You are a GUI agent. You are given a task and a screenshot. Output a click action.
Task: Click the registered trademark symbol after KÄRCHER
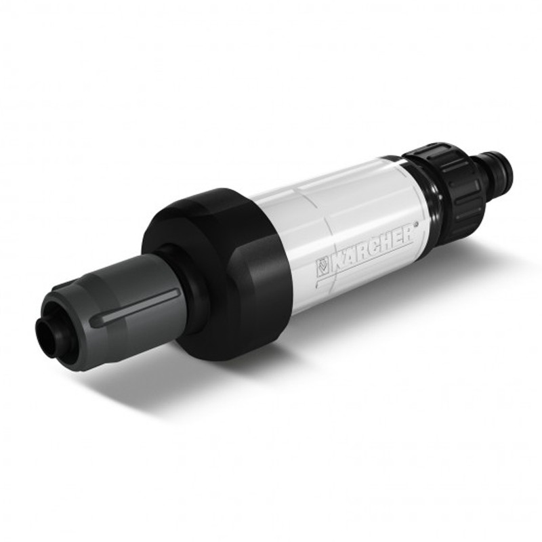[x=416, y=224]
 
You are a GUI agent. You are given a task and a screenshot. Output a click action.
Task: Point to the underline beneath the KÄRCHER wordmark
[x=364, y=264]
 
